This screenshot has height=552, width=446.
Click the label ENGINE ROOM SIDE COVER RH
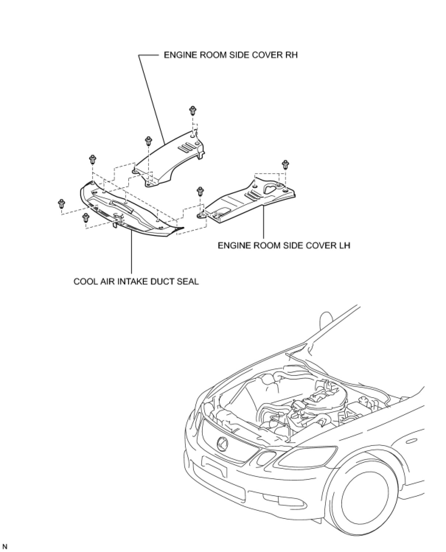click(230, 55)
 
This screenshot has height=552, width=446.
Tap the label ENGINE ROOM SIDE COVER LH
click(284, 245)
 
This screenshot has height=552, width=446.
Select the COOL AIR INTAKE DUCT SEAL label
click(136, 282)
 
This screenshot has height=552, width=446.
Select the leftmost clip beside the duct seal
click(62, 203)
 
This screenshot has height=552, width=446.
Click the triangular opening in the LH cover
click(271, 188)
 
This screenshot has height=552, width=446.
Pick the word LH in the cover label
click(344, 245)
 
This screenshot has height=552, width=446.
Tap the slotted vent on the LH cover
click(252, 194)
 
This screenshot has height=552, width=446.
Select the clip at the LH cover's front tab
click(200, 191)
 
